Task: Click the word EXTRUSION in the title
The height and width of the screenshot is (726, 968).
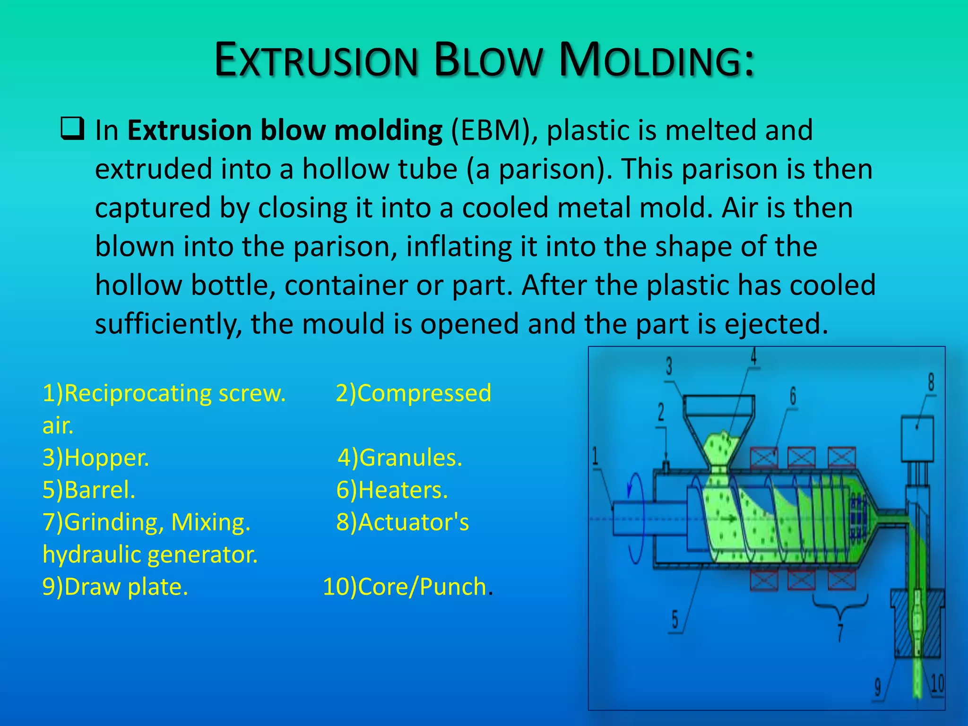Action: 316,60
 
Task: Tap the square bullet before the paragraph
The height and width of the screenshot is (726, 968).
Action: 73,129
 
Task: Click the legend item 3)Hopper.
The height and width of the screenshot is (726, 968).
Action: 96,458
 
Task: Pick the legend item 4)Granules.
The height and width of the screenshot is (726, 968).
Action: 400,458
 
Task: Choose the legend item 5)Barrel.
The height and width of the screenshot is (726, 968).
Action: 89,490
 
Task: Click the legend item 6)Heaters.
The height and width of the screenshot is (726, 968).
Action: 392,490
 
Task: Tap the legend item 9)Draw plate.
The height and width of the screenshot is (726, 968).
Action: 115,587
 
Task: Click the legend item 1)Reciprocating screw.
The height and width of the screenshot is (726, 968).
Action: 164,393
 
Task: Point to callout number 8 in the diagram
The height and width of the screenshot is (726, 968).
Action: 931,382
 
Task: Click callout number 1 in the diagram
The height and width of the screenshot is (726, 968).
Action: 595,457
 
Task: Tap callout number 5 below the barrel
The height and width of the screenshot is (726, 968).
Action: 675,619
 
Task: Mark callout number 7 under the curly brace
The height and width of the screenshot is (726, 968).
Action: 840,632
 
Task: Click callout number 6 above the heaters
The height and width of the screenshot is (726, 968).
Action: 793,396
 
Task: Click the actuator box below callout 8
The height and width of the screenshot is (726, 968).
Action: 917,438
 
